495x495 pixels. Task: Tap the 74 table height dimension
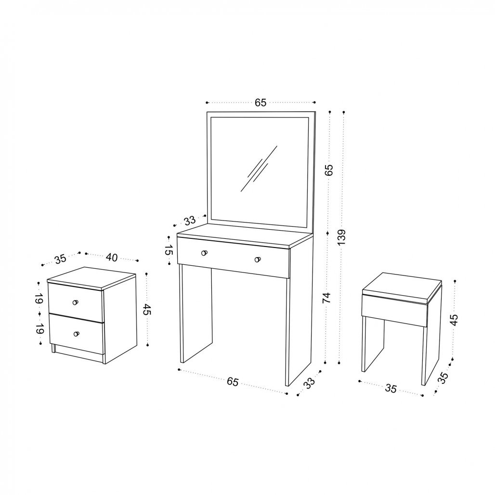click(x=327, y=298)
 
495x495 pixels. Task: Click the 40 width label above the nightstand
click(x=111, y=257)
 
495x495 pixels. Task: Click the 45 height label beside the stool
click(x=454, y=320)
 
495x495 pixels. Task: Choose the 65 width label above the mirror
click(x=261, y=102)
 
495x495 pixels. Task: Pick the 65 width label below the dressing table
click(x=233, y=381)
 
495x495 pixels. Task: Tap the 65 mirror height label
click(x=329, y=170)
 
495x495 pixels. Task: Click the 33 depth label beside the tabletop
click(x=190, y=221)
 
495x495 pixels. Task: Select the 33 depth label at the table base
click(x=309, y=383)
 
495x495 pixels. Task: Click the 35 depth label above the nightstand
click(x=60, y=259)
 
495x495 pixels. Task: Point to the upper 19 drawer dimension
click(x=39, y=299)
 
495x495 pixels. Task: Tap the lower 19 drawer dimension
click(x=39, y=329)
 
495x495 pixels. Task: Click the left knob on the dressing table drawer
click(x=204, y=252)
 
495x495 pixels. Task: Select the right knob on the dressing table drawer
click(x=258, y=260)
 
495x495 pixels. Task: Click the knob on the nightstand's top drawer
click(x=75, y=302)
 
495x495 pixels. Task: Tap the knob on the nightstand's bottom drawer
click(x=76, y=334)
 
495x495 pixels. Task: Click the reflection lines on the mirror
click(x=259, y=169)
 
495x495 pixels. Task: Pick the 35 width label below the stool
click(x=391, y=389)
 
